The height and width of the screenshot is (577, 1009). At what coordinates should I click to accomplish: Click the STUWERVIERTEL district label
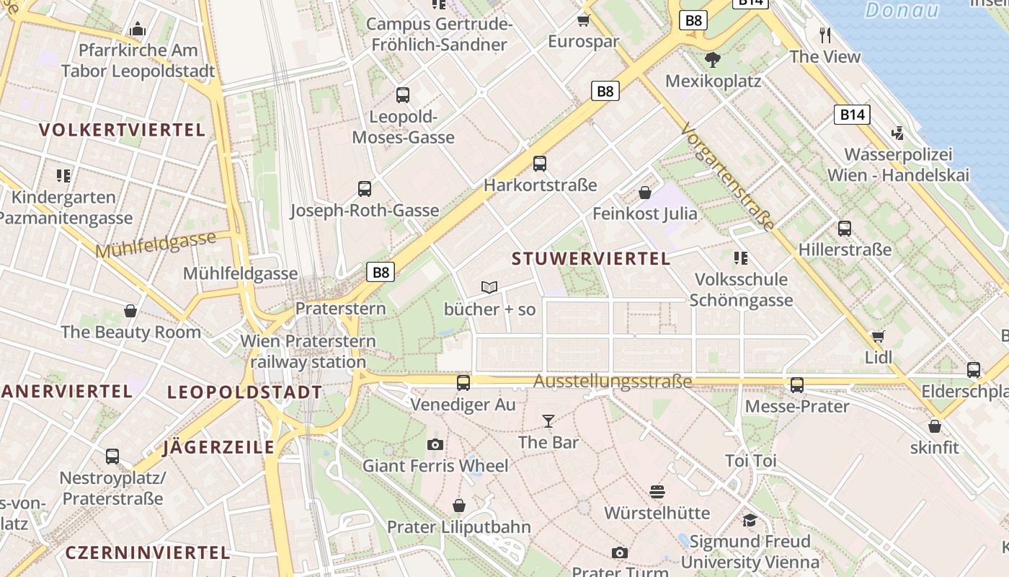pyautogui.click(x=591, y=258)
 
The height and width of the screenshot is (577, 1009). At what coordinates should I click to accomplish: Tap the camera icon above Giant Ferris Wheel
pyautogui.click(x=435, y=444)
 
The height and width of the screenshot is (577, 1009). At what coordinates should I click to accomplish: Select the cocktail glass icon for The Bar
pyautogui.click(x=548, y=420)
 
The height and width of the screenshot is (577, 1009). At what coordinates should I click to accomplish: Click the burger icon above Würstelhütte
pyautogui.click(x=657, y=492)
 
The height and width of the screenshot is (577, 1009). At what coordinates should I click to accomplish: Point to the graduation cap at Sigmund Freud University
pyautogui.click(x=750, y=520)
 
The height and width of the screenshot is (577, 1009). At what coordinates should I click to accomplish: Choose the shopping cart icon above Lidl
pyautogui.click(x=878, y=336)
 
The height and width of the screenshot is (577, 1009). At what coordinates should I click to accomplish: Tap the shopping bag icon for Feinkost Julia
pyautogui.click(x=645, y=193)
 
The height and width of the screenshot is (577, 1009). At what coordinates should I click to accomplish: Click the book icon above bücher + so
pyautogui.click(x=489, y=288)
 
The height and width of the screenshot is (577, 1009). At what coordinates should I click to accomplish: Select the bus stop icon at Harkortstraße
pyautogui.click(x=540, y=164)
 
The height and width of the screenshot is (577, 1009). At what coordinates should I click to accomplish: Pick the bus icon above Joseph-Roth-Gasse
pyautogui.click(x=365, y=189)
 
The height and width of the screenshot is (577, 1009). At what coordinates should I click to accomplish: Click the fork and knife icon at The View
pyautogui.click(x=825, y=35)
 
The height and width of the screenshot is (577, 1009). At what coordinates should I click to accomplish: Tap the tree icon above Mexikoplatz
pyautogui.click(x=713, y=59)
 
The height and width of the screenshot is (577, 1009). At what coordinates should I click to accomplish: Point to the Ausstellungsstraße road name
pyautogui.click(x=613, y=382)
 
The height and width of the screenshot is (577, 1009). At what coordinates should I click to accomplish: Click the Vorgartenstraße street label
pyautogui.click(x=727, y=177)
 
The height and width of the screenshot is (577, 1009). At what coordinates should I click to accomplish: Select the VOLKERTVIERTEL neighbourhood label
pyautogui.click(x=123, y=131)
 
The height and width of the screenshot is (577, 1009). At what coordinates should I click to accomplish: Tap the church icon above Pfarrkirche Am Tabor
pyautogui.click(x=138, y=30)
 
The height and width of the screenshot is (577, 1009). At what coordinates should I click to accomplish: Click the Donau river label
pyautogui.click(x=902, y=10)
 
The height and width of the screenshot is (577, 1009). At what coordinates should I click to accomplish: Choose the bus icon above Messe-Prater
pyautogui.click(x=797, y=385)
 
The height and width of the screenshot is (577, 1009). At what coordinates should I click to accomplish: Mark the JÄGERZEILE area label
pyautogui.click(x=219, y=447)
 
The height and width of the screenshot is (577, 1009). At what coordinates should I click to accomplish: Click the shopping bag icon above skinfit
pyautogui.click(x=935, y=426)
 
